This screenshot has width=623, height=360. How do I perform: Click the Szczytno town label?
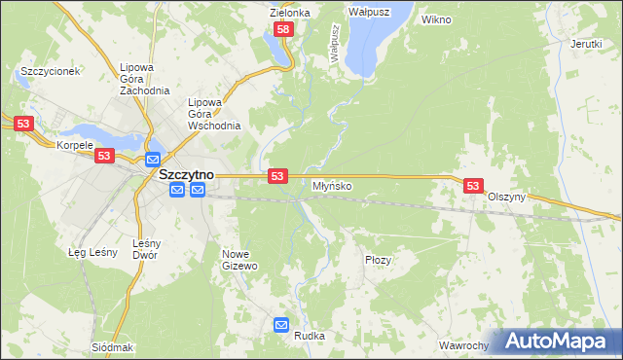tap(186, 174)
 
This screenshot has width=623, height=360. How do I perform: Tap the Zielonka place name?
tap(289, 13)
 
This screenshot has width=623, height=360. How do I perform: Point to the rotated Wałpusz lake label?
tap(334, 45)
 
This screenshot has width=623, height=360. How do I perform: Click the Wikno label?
tap(436, 18)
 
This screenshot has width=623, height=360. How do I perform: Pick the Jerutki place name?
tap(586, 44)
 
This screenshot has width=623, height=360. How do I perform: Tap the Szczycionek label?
tap(49, 71)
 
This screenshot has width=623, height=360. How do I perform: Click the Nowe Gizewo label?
tap(239, 259)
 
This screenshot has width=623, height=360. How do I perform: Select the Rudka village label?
tap(309, 336)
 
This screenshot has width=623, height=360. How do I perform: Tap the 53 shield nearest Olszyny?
tap(473, 185)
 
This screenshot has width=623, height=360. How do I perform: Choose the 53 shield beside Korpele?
tap(106, 156)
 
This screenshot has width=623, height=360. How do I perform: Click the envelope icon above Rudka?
tap(282, 325)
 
